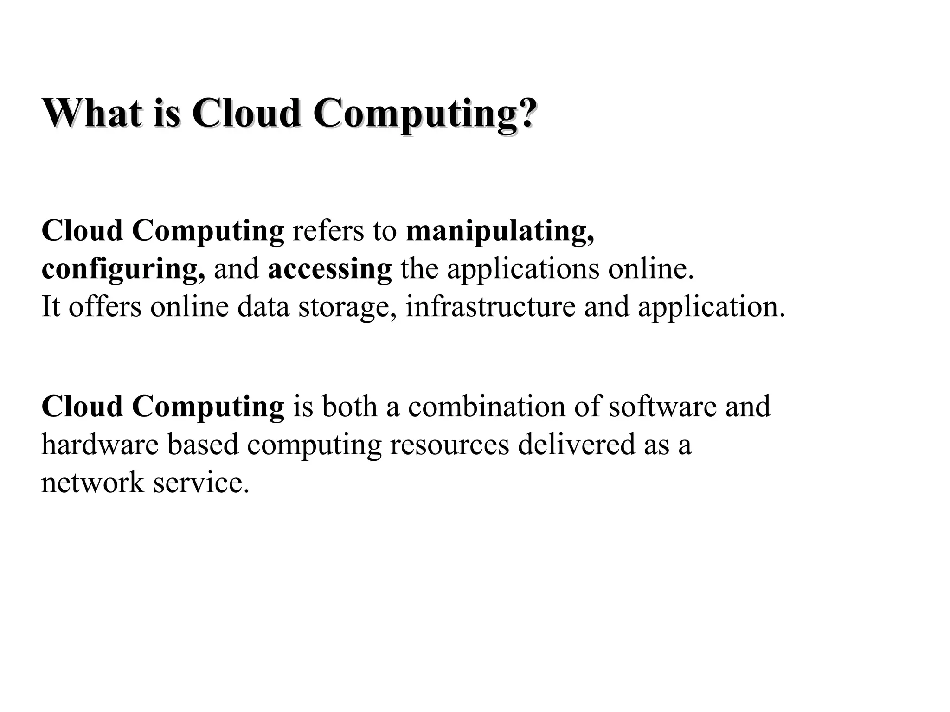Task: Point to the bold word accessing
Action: [329, 270]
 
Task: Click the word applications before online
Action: [523, 270]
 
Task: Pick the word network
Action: [92, 482]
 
